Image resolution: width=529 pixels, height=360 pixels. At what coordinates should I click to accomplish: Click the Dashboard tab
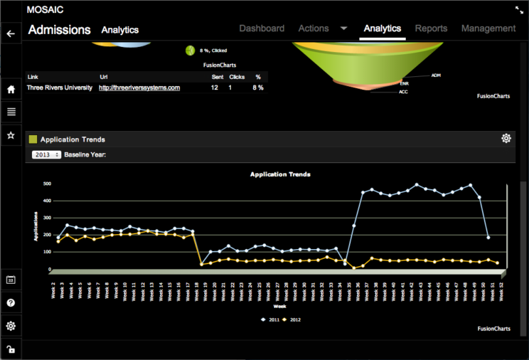coord(262,28)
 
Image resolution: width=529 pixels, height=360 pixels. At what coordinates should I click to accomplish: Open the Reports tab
coord(431,28)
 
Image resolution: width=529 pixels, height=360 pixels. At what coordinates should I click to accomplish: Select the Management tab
coord(488,28)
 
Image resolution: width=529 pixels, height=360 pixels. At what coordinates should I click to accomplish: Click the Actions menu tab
coord(314,28)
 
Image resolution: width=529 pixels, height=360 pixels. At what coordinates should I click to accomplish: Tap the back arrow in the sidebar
coord(11,33)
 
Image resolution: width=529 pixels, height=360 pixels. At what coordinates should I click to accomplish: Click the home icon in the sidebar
coord(11,90)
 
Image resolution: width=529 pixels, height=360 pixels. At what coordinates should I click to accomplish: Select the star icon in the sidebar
coord(11,134)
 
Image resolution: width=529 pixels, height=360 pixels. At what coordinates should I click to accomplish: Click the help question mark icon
coord(11,302)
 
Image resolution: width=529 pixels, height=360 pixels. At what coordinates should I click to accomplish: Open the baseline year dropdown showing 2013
coord(46,154)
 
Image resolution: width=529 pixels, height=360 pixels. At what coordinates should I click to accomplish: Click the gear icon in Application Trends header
coord(506,138)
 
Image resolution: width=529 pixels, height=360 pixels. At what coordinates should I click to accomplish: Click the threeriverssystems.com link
coord(139,88)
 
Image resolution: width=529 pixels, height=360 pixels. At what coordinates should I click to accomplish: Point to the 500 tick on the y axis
coord(47,183)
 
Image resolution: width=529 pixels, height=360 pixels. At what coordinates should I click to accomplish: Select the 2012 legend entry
coord(292,319)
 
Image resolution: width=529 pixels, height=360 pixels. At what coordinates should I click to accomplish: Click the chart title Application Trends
coord(280,174)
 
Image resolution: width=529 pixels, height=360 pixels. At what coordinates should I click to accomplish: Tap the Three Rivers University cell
coord(59,88)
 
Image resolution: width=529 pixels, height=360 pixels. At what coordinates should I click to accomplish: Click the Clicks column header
coord(237,76)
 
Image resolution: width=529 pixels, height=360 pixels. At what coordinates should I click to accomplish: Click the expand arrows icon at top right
coord(518,10)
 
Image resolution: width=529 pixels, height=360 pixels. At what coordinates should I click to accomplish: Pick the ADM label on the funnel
coord(436,74)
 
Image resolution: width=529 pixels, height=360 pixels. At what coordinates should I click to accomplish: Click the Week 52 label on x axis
coord(503,291)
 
